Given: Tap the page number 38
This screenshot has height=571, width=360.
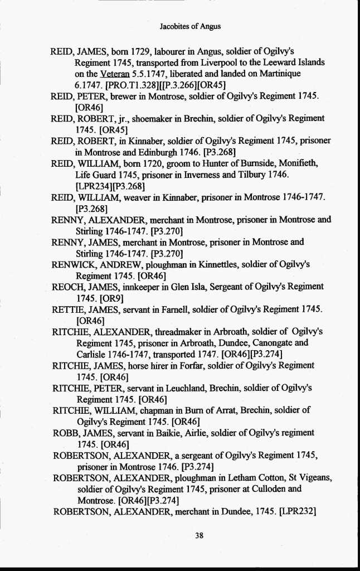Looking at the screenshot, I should tap(199, 535).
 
